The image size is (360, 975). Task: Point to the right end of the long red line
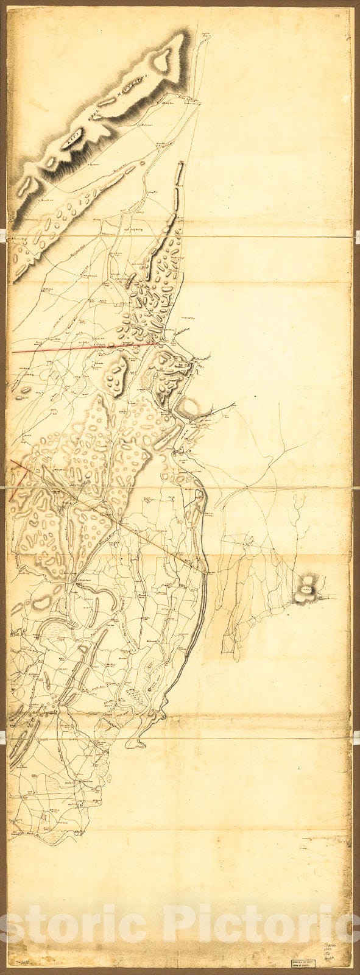coord(160,344)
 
